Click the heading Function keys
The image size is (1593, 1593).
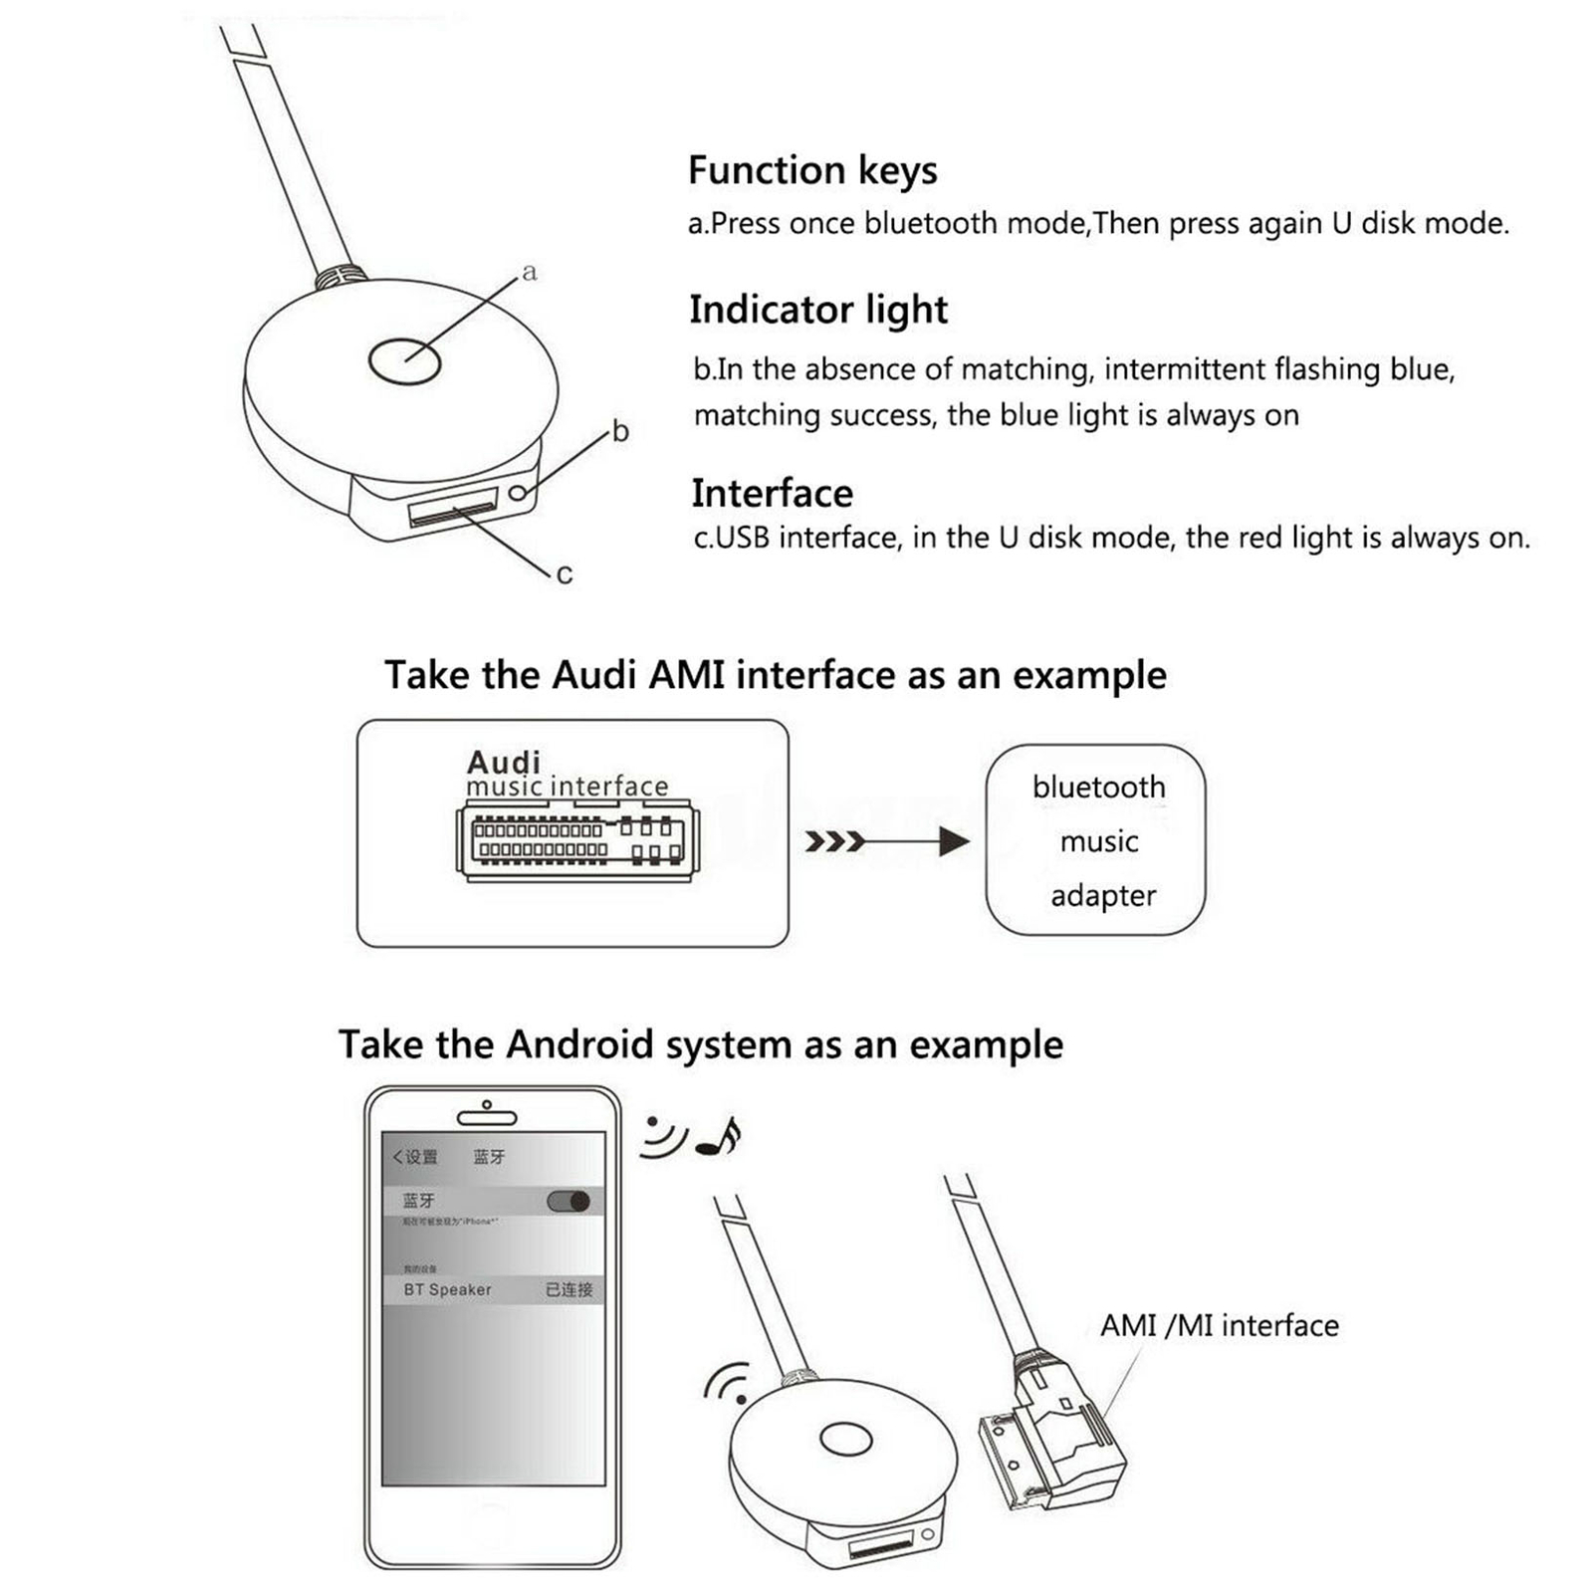point(812,171)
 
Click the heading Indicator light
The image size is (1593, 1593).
point(818,311)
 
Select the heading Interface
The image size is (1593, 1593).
point(772,494)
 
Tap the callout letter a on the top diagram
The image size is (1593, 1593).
point(529,272)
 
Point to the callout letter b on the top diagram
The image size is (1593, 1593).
point(620,431)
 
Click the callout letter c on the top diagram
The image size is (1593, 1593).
point(565,574)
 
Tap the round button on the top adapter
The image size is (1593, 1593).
point(404,360)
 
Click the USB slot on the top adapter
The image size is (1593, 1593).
point(452,509)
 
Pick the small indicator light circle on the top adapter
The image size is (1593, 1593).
point(519,492)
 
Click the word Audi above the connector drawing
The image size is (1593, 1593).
point(503,763)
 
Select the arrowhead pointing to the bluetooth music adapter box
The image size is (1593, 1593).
point(953,842)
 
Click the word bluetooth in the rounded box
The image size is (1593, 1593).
point(1098,788)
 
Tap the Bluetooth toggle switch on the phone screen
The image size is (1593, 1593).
point(569,1201)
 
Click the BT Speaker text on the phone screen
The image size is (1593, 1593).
point(447,1289)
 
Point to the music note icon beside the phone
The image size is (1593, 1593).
point(719,1136)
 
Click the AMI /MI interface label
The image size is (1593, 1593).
point(1219,1326)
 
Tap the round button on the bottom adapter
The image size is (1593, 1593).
point(845,1439)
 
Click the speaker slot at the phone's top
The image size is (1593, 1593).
point(486,1117)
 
